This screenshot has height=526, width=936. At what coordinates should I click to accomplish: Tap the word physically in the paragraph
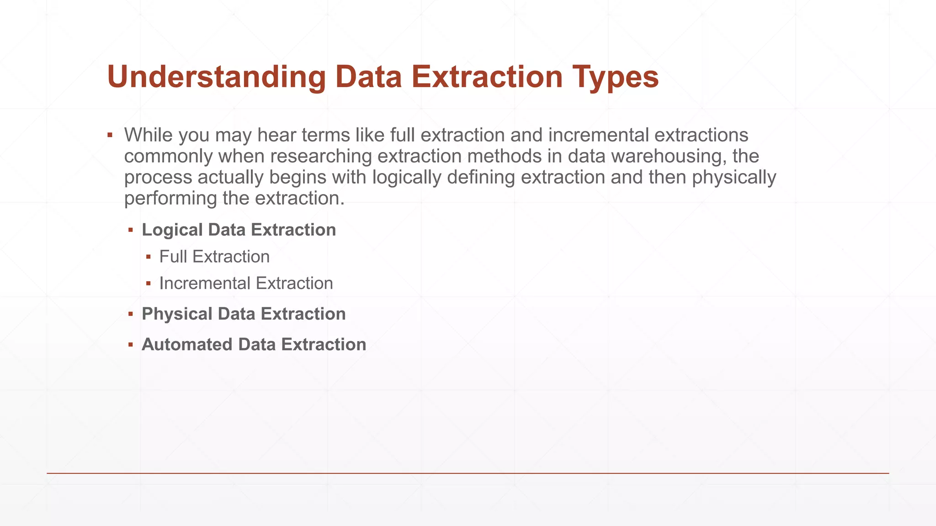click(734, 177)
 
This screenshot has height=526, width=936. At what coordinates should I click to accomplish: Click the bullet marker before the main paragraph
click(110, 135)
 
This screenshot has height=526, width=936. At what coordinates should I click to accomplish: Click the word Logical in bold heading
click(172, 230)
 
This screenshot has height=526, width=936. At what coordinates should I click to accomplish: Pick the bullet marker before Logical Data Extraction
click(131, 230)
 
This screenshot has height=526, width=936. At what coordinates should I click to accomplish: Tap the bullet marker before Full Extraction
click(149, 257)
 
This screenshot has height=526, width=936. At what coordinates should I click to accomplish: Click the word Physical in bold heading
click(177, 314)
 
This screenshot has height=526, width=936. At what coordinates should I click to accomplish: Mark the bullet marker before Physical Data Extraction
click(131, 314)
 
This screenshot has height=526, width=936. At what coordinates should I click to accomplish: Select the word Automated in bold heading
click(187, 344)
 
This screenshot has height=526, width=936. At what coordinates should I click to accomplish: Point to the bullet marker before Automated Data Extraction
click(131, 345)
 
